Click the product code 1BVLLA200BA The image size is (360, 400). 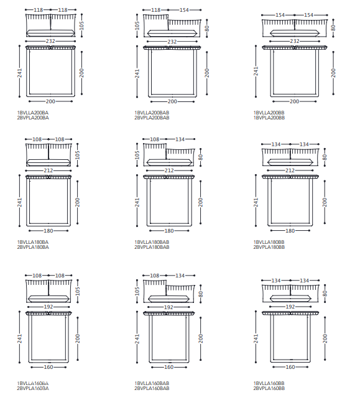[x=33, y=113]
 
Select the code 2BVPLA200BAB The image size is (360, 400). [x=152, y=118]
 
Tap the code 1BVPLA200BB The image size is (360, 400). [x=269, y=118]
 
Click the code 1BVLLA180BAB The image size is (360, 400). [x=152, y=242]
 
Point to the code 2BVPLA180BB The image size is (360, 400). [x=269, y=247]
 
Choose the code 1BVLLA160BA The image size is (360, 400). [x=33, y=383]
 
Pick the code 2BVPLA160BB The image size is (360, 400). [x=269, y=389]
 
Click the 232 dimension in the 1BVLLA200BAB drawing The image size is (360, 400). [x=172, y=42]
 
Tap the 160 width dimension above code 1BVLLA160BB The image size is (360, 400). [x=290, y=367]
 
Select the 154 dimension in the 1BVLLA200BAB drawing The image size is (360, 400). [x=184, y=10]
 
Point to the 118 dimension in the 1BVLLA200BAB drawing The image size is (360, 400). [x=155, y=10]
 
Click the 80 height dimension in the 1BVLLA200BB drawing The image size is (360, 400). [x=333, y=28]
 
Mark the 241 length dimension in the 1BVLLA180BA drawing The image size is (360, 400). [x=20, y=202]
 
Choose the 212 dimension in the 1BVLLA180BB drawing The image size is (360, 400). [x=290, y=170]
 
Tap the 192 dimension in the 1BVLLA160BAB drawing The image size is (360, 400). [x=168, y=307]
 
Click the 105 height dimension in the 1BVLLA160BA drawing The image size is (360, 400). [x=78, y=291]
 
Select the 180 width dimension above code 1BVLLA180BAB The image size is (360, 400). [x=169, y=231]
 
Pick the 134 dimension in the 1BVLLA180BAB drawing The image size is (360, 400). [x=180, y=139]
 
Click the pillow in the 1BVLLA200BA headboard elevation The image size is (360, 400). [x=51, y=33]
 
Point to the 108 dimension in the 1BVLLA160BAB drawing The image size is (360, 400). [x=154, y=276]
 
